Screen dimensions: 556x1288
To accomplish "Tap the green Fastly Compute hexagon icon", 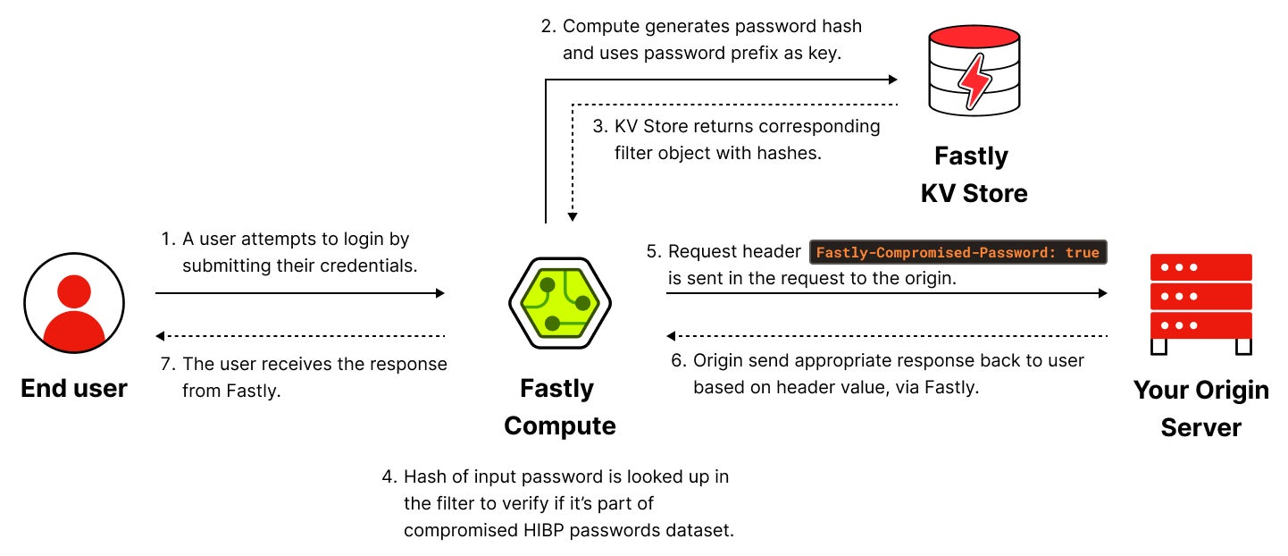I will (x=559, y=302).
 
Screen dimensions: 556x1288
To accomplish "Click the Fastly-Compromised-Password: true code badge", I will (x=958, y=252).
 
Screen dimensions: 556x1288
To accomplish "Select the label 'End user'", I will (x=74, y=388).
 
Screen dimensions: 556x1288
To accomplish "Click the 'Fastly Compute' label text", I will (x=559, y=407).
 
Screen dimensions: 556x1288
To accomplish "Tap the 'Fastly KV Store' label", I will (x=973, y=174).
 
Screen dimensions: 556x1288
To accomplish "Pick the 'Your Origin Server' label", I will (x=1200, y=409).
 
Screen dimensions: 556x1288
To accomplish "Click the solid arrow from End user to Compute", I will (x=299, y=292).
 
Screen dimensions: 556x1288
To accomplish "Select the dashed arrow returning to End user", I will (x=299, y=336).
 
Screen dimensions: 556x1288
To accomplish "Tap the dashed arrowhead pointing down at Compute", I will (x=573, y=217).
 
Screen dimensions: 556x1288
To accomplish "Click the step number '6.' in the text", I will (x=678, y=360).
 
